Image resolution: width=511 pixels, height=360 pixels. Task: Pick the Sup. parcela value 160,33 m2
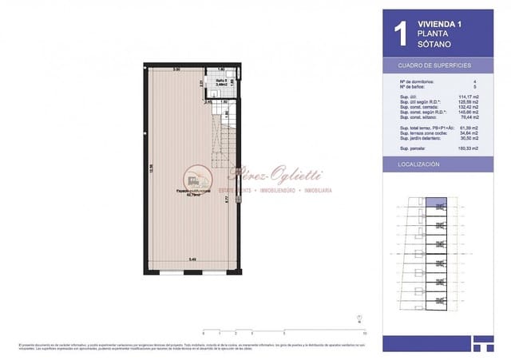click(468, 148)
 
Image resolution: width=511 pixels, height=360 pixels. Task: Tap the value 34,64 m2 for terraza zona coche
click(469, 133)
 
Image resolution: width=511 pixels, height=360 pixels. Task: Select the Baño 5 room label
click(222, 81)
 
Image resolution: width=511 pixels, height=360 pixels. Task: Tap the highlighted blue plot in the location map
click(436, 203)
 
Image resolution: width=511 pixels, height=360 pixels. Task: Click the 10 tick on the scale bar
click(363, 332)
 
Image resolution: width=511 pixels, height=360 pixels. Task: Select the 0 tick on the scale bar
click(204, 332)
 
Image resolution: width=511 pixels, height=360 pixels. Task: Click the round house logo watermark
click(196, 177)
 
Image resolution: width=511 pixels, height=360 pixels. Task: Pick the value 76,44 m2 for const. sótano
click(468, 118)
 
